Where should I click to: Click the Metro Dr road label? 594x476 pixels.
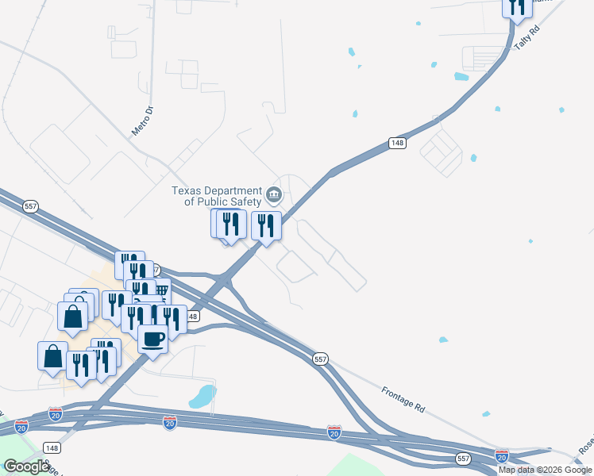(141, 121)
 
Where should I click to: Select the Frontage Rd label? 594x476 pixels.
(403, 397)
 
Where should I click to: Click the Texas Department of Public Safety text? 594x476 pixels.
(217, 196)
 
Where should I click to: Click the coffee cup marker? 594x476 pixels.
(152, 340)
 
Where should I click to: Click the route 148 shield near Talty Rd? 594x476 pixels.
(398, 143)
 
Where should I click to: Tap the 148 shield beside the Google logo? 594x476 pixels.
(52, 448)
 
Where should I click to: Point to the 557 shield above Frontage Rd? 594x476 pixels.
(320, 359)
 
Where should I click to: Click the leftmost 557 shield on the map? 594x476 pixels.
(32, 207)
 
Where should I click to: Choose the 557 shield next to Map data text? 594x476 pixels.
(464, 459)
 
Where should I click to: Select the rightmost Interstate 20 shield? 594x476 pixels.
(501, 455)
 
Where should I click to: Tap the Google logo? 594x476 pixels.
(26, 466)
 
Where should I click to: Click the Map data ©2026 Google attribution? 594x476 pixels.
(545, 470)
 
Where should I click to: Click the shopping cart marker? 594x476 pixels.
(161, 292)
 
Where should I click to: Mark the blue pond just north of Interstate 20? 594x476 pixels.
(203, 395)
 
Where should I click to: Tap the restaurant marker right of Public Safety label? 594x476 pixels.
(266, 225)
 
